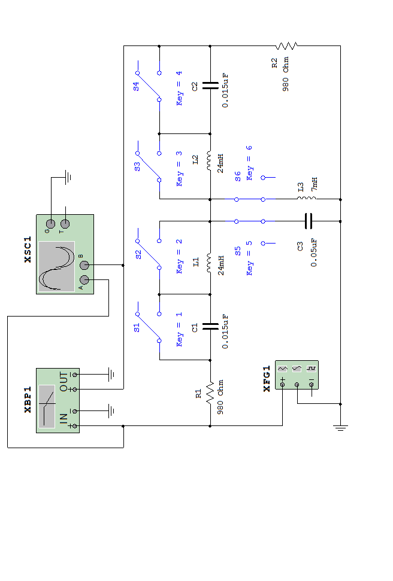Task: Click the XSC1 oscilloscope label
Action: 28,250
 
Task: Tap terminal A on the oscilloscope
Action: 84,280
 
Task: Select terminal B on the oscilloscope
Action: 84,265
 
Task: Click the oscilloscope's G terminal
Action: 50,224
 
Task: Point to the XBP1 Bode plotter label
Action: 28,400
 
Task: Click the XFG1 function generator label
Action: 267,379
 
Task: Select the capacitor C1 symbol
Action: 210,327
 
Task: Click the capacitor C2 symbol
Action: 210,86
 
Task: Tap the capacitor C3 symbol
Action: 308,221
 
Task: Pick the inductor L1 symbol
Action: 209,263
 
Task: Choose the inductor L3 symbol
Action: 307,198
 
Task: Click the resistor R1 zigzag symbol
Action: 210,393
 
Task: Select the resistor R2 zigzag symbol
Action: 286,46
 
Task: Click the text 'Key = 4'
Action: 179,88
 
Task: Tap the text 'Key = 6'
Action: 249,163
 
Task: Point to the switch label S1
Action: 137,327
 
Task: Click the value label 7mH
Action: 314,184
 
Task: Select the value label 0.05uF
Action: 314,253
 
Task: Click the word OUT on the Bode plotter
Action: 64,382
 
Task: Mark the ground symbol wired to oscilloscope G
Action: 68,178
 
